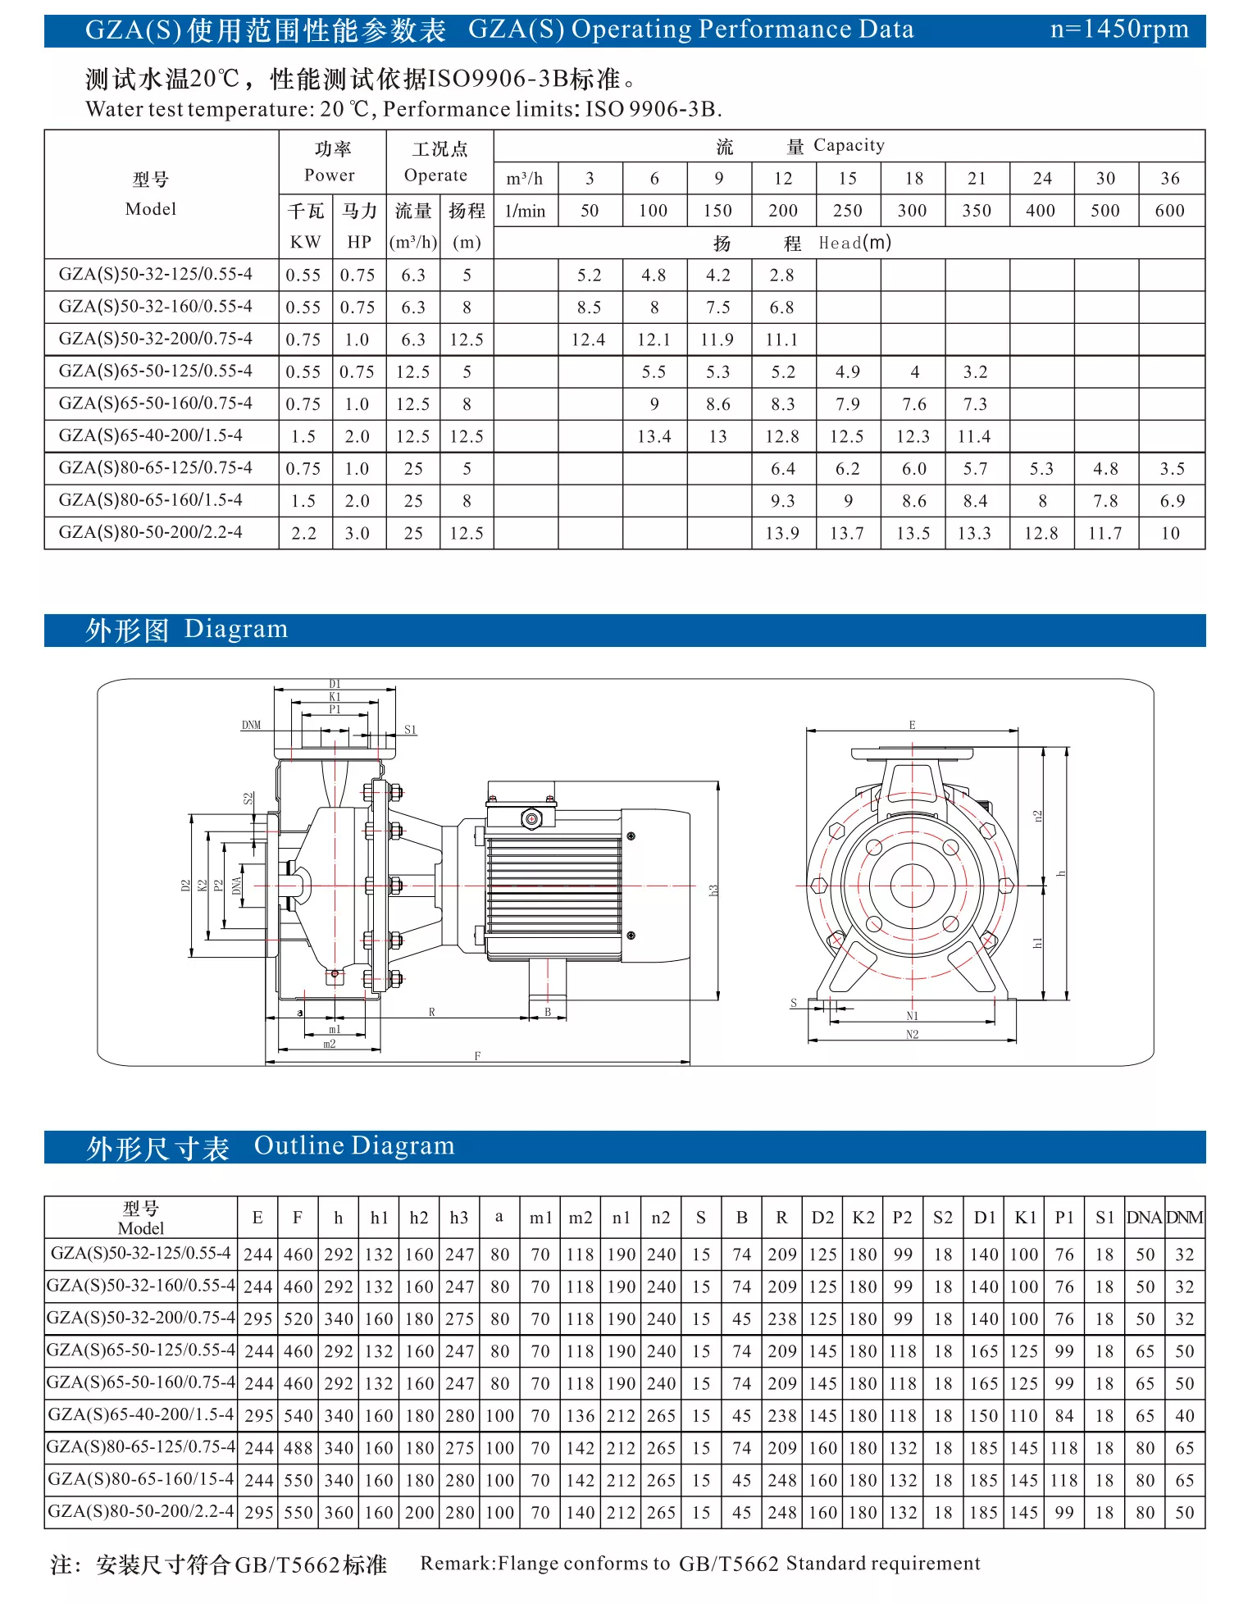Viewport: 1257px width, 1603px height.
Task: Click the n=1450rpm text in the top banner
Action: (x=1118, y=30)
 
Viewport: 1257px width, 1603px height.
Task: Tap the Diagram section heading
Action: (x=236, y=629)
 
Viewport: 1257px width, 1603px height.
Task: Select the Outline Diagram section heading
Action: (x=353, y=1145)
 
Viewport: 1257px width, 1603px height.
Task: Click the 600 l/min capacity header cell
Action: (x=1170, y=211)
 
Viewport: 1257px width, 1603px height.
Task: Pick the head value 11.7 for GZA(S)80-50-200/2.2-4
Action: (x=1104, y=533)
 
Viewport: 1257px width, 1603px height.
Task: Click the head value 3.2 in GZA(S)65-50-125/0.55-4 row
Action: (x=975, y=371)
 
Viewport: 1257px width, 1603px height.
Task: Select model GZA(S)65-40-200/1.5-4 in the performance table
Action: (x=151, y=435)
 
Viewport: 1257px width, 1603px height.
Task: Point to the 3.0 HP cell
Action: (x=358, y=533)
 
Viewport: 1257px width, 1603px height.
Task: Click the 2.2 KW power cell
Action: (x=303, y=533)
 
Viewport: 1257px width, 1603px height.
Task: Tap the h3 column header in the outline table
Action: (x=459, y=1218)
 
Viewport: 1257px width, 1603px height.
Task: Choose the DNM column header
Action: (x=1185, y=1218)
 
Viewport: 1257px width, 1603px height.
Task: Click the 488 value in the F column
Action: (x=298, y=1448)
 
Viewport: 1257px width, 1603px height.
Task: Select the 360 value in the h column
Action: (x=339, y=1513)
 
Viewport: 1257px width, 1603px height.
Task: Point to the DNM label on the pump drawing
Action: (x=251, y=725)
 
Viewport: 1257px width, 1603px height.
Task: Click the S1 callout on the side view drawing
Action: (x=410, y=730)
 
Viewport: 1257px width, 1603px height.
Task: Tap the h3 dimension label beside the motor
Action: (x=713, y=890)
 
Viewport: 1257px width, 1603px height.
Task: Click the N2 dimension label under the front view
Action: (x=912, y=1035)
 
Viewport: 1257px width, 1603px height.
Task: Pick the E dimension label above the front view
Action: (x=912, y=725)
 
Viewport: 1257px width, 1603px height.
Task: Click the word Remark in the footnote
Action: (x=458, y=1564)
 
